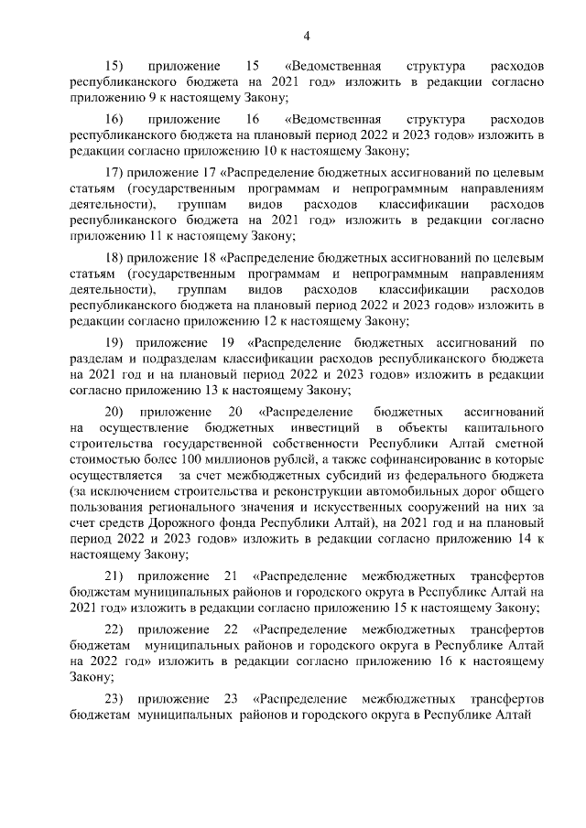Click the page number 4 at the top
point(307,36)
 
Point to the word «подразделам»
point(177,360)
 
